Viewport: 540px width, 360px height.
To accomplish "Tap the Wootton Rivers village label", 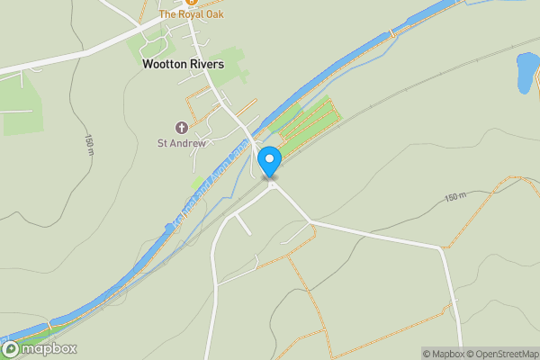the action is [183, 65].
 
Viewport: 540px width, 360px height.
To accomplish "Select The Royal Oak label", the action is [191, 14].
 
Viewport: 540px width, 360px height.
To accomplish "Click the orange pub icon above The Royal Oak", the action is [191, 3].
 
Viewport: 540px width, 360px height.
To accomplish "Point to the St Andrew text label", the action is [183, 142].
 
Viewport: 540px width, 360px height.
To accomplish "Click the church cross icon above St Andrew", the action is [183, 127].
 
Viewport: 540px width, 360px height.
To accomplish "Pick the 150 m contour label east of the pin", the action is [457, 196].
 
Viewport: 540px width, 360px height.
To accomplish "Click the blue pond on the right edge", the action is [526, 72].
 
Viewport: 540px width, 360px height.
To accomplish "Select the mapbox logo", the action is [40, 349].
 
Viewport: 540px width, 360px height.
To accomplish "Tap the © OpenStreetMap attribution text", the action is [501, 353].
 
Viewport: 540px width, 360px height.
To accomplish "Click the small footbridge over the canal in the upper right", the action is [391, 33].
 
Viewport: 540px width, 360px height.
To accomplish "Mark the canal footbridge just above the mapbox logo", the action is [50, 322].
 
